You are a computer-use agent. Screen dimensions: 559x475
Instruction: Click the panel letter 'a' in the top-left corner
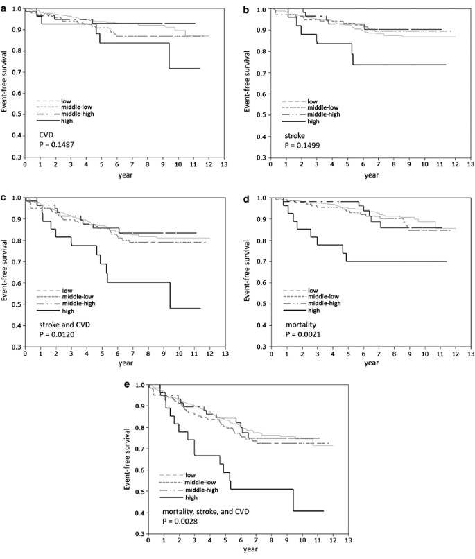click(3, 6)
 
